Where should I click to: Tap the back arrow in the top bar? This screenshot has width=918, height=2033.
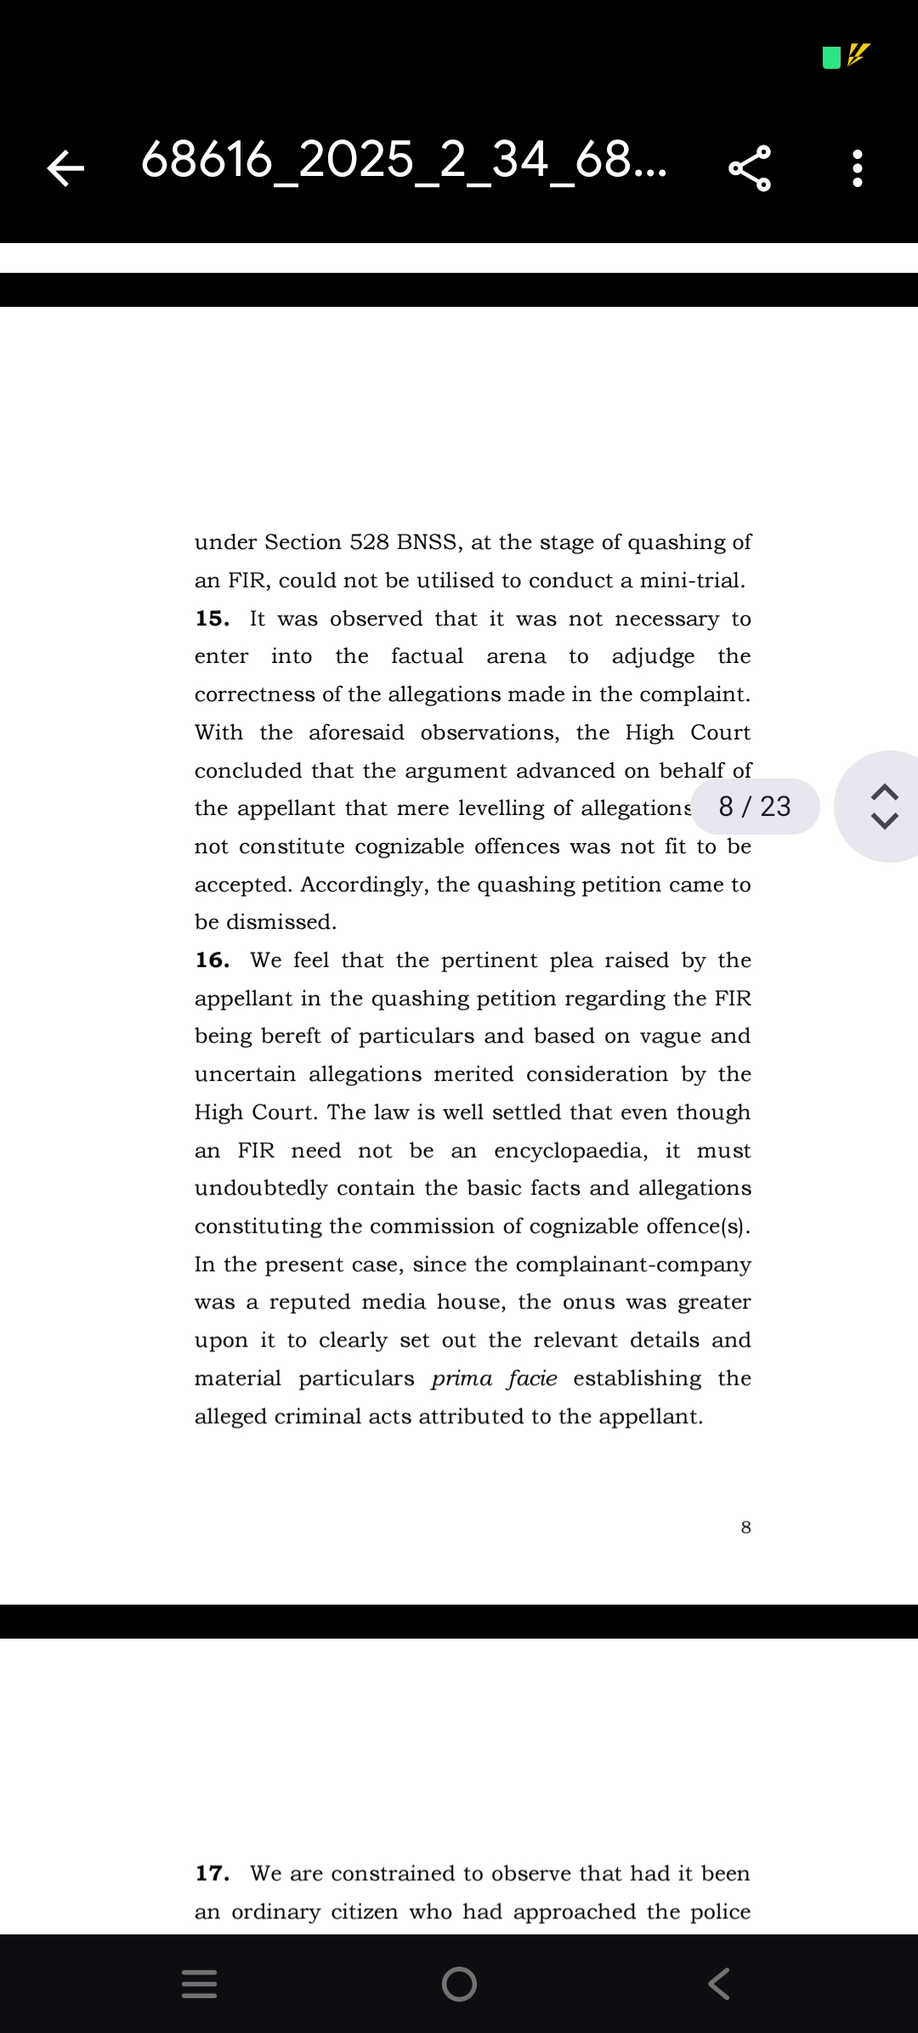[x=65, y=167]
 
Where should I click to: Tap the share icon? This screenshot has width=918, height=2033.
[x=750, y=167]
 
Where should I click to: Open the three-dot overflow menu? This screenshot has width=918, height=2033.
[x=858, y=167]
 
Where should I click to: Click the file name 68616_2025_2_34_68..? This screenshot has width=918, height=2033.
[x=404, y=160]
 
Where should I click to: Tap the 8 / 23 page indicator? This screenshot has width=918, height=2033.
[x=755, y=806]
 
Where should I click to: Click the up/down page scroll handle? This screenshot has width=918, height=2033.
[x=885, y=806]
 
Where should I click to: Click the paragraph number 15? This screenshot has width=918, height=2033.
[x=212, y=619]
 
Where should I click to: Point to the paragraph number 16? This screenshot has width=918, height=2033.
[x=212, y=960]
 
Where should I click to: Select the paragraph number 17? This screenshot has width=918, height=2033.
[x=212, y=1873]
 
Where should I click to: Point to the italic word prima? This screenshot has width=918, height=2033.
[x=462, y=1379]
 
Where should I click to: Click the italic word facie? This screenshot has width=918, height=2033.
[x=532, y=1379]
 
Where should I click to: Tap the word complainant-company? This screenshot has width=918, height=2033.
[x=633, y=1265]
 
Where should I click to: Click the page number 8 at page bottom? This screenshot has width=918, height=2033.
[x=745, y=1527]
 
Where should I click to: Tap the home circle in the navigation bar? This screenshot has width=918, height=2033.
[x=459, y=1984]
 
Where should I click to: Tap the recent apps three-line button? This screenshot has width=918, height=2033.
[x=200, y=1984]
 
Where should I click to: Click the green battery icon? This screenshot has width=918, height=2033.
[x=831, y=58]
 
